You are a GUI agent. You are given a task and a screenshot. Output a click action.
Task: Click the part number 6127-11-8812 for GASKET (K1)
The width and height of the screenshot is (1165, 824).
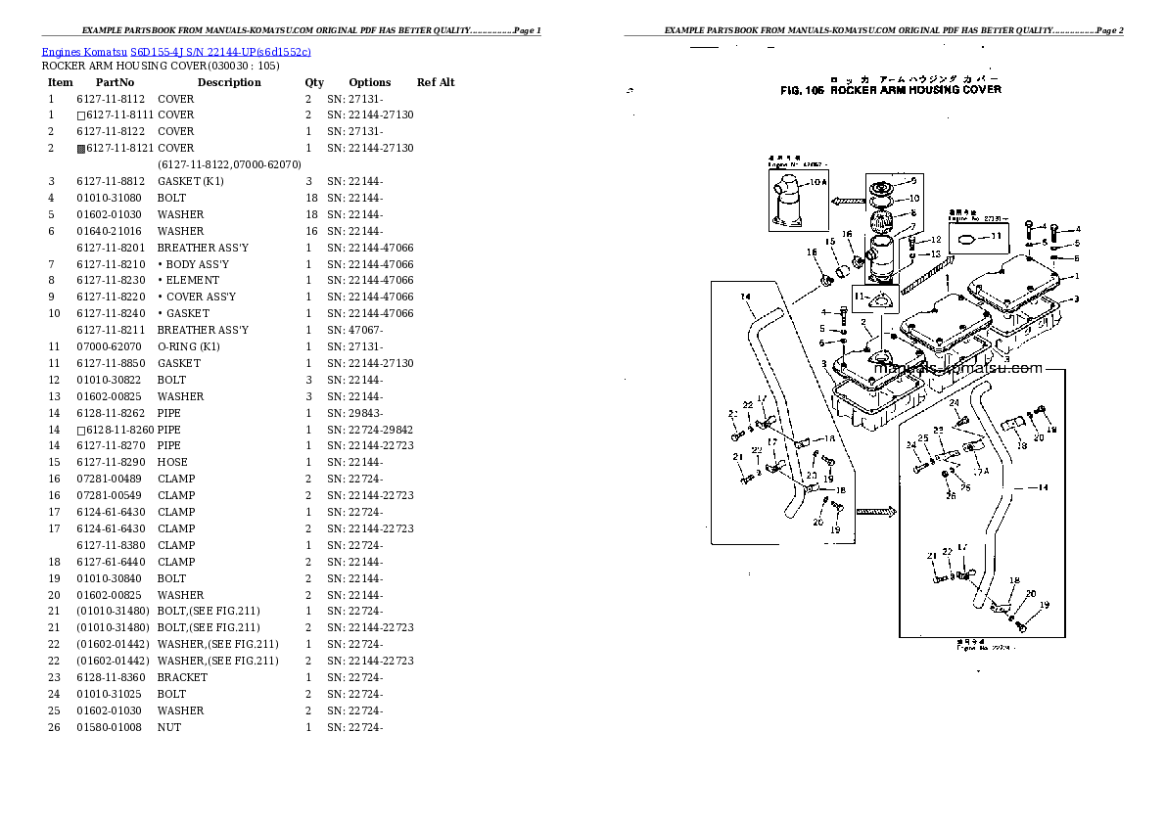pyautogui.click(x=111, y=181)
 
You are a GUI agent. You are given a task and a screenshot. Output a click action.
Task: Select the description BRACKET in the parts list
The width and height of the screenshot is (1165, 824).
pyautogui.click(x=182, y=677)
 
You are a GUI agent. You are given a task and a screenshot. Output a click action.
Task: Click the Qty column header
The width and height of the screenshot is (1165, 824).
pyautogui.click(x=313, y=82)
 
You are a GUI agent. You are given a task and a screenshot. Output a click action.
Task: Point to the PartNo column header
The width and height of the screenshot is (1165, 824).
pyautogui.click(x=115, y=82)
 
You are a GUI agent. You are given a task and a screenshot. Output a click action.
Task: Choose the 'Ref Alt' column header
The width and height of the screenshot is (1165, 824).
pyautogui.click(x=436, y=82)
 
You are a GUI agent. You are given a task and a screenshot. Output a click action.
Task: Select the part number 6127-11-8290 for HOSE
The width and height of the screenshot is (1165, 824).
pyautogui.click(x=111, y=462)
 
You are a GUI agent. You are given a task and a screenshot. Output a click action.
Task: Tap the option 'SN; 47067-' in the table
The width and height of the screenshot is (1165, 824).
pyautogui.click(x=355, y=330)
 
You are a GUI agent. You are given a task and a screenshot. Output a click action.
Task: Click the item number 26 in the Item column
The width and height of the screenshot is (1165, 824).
pyautogui.click(x=54, y=727)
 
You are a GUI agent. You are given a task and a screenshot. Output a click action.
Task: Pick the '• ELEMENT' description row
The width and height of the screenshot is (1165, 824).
pyautogui.click(x=188, y=280)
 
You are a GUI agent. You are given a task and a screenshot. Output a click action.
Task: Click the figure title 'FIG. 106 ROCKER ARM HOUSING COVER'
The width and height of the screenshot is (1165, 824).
pyautogui.click(x=890, y=89)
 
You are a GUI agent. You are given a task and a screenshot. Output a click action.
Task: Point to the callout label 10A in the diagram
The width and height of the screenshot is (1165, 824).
pyautogui.click(x=816, y=182)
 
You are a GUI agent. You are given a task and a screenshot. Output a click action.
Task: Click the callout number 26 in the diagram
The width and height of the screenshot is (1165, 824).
pyautogui.click(x=951, y=496)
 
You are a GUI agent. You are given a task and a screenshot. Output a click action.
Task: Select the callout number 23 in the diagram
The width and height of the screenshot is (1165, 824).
pyautogui.click(x=937, y=431)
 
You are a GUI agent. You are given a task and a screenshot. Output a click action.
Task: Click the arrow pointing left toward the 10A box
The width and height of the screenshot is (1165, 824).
pyautogui.click(x=841, y=201)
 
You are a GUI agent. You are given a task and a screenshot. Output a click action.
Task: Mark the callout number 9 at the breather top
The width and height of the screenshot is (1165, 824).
pyautogui.click(x=913, y=181)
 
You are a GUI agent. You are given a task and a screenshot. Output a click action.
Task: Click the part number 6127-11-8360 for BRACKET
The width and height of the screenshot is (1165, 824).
pyautogui.click(x=111, y=677)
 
